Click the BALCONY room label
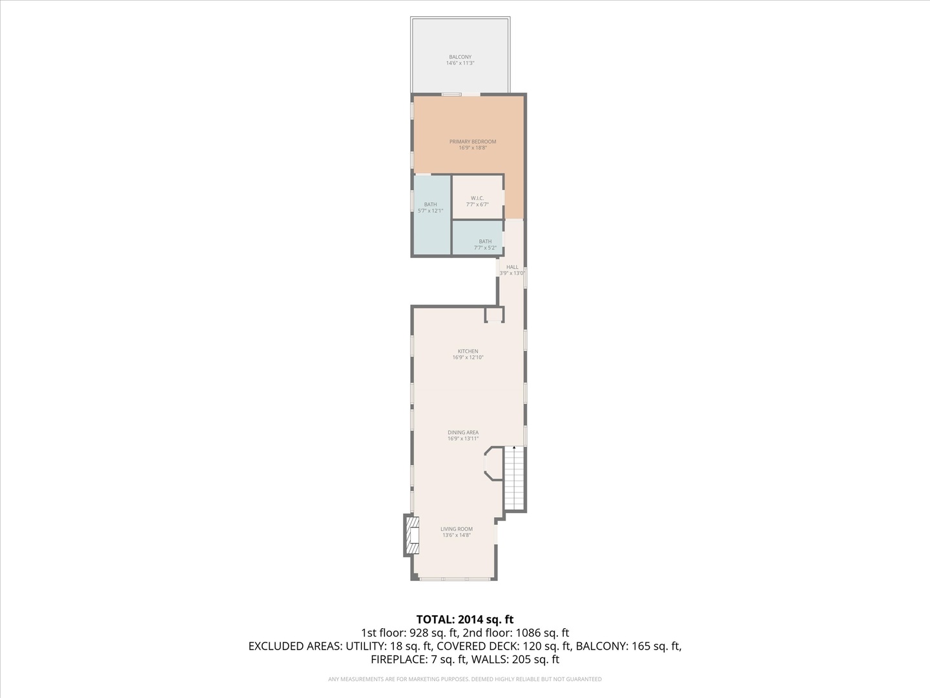(x=460, y=60)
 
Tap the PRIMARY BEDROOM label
(x=472, y=145)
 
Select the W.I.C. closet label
(x=477, y=201)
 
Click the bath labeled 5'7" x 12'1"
(x=430, y=207)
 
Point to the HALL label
(x=512, y=270)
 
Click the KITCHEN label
(x=468, y=354)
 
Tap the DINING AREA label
(x=463, y=436)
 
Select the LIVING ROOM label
(x=457, y=532)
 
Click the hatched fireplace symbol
(x=411, y=534)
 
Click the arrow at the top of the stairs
(x=514, y=447)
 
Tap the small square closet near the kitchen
(x=494, y=315)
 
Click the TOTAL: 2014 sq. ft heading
(x=464, y=619)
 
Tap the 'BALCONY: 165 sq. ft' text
(x=628, y=646)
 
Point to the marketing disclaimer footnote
(x=464, y=679)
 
